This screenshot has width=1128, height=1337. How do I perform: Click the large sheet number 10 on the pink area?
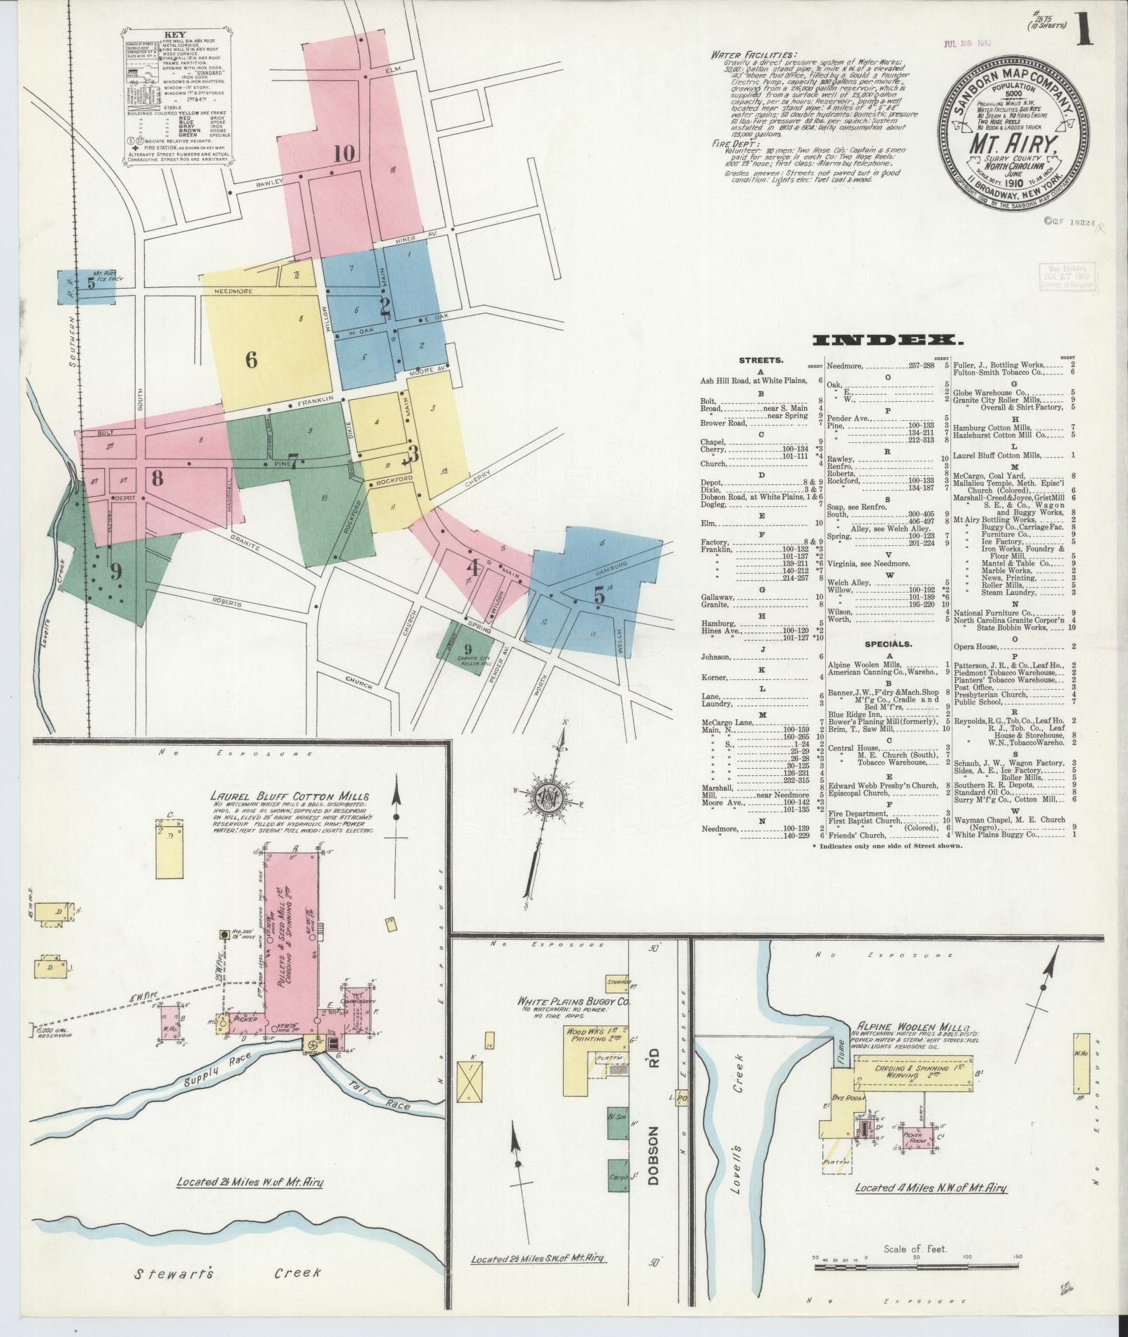344,152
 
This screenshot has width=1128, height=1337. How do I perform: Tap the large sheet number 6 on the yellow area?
252,360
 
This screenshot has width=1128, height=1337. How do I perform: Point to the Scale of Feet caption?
915,1248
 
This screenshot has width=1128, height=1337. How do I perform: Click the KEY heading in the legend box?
174,34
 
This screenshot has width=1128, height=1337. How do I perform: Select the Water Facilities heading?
752,55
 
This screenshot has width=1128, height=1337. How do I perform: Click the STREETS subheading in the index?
761,361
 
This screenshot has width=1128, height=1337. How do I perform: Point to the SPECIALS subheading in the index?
887,644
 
